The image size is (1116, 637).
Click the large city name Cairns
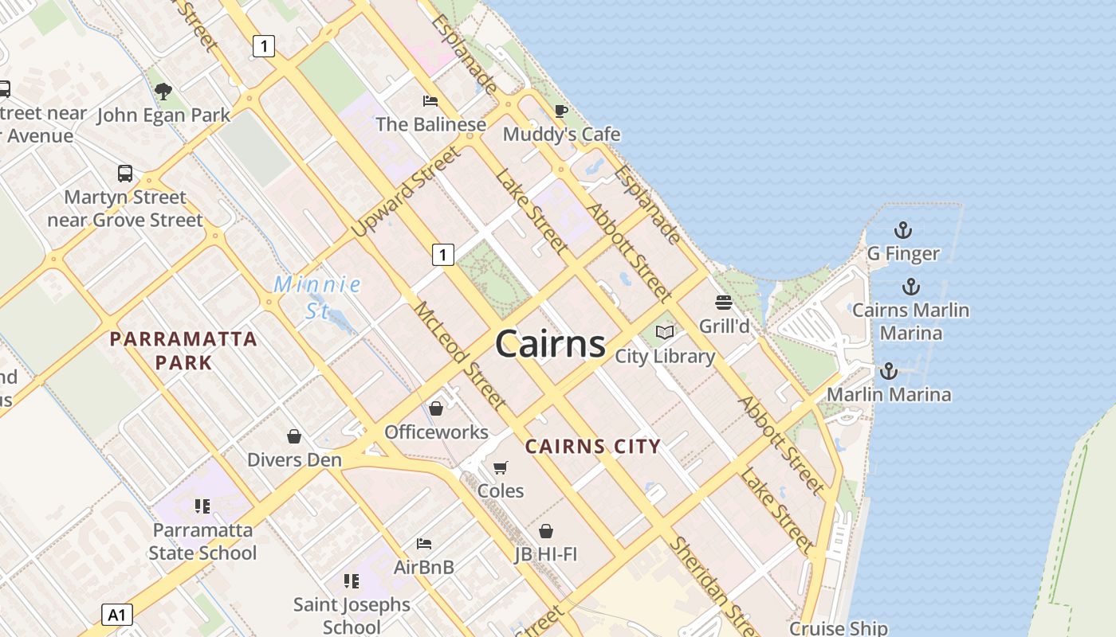[550, 344]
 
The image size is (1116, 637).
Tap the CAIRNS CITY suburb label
[593, 447]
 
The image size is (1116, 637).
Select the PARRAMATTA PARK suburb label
[183, 350]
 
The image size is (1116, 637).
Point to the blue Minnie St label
[317, 296]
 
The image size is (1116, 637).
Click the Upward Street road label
[406, 191]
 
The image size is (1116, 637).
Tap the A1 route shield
[117, 615]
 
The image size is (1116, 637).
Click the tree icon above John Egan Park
[163, 92]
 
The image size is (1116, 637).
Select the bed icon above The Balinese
[430, 101]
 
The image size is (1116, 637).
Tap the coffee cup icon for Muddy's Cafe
[561, 111]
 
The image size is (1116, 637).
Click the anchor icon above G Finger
[902, 230]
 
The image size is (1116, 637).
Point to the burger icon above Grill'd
[724, 303]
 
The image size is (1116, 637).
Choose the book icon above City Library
[665, 332]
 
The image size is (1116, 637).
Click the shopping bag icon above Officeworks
[436, 408]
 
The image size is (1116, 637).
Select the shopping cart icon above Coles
[501, 467]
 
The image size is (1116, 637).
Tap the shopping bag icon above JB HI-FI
[546, 530]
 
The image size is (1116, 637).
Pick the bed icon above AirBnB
[424, 544]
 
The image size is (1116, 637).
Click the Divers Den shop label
[294, 459]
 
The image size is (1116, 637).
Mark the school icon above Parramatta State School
[202, 506]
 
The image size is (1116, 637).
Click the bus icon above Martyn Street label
[125, 173]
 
